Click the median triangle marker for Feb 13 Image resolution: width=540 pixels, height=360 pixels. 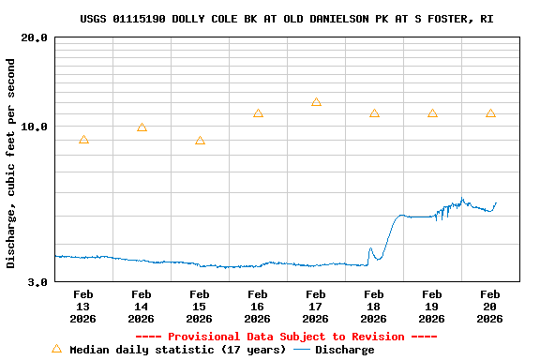pos(83,140)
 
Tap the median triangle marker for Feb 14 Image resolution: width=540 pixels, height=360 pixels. pos(142,127)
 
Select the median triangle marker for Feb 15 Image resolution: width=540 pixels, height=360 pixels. pos(200,141)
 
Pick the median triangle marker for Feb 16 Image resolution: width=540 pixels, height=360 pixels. pos(258,113)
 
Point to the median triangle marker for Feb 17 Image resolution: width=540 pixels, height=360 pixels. pos(316,102)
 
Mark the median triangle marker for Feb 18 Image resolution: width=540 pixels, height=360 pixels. pos(374,113)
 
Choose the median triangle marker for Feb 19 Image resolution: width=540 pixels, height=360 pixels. pos(432,113)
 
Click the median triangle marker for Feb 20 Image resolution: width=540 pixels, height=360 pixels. pos(490,113)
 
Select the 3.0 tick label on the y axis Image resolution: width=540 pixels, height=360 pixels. pos(37,281)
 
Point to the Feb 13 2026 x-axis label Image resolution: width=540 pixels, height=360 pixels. pos(83,306)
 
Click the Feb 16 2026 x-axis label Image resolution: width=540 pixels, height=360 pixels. pos(258,306)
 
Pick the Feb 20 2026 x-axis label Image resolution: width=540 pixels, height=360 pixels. pos(490,306)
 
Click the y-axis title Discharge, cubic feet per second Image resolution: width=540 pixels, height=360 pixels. pos(11,162)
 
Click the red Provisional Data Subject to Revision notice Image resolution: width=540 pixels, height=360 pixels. pos(286,337)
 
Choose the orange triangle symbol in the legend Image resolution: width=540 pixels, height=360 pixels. pos(56,349)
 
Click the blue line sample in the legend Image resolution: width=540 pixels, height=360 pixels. pos(302,350)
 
